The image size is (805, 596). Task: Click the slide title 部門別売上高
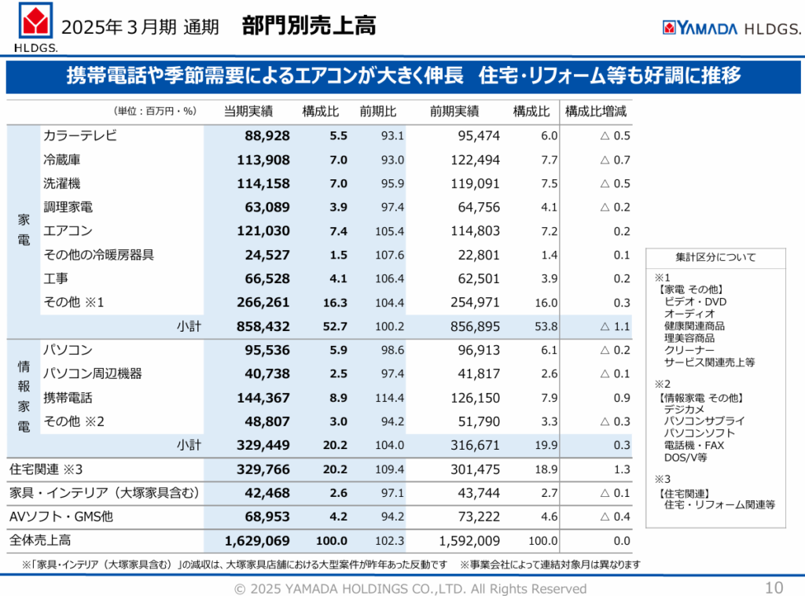(x=309, y=26)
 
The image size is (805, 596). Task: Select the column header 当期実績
(x=248, y=111)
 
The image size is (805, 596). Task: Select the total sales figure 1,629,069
(x=257, y=541)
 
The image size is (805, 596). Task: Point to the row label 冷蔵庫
(x=62, y=160)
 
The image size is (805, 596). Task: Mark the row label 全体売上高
(x=40, y=541)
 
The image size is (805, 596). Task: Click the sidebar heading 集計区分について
(x=715, y=257)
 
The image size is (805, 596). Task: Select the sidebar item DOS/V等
(x=686, y=457)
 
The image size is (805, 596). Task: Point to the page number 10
(x=774, y=587)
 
